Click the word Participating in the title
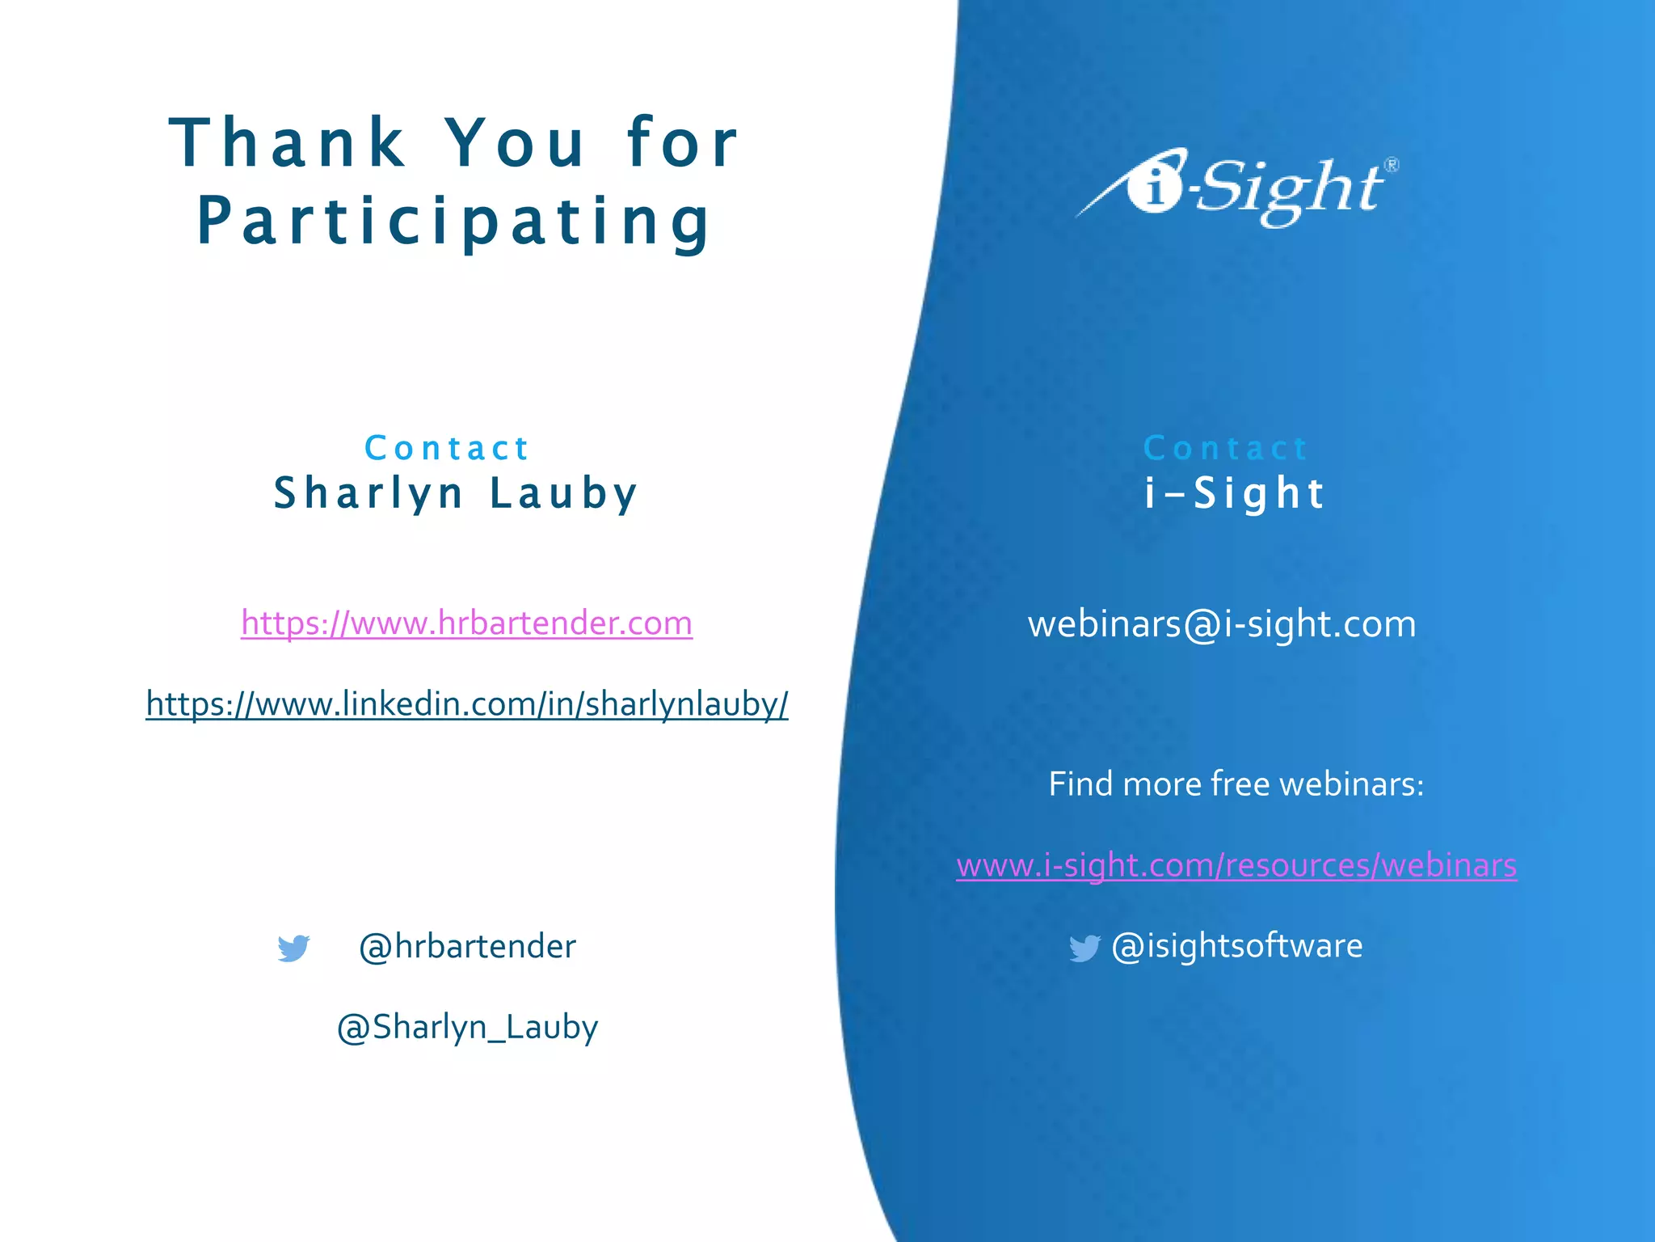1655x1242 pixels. [x=453, y=221]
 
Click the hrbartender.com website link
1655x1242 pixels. [x=466, y=623]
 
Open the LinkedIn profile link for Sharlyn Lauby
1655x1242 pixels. [x=467, y=704]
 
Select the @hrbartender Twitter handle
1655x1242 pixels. [x=467, y=946]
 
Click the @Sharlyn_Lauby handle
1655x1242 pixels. [x=467, y=1027]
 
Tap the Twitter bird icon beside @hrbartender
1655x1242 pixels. [x=293, y=948]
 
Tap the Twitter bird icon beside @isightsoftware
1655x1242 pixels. [x=1084, y=948]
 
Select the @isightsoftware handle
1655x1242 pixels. [x=1237, y=946]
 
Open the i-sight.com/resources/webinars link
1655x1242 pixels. [x=1236, y=866]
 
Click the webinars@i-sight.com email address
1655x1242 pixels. [x=1222, y=624]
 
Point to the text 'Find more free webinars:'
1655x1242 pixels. [x=1236, y=784]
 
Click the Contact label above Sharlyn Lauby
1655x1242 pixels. [x=447, y=449]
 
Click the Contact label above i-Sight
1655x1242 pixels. [x=1226, y=449]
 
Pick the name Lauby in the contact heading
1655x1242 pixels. [x=564, y=493]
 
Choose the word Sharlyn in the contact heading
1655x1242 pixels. [x=368, y=493]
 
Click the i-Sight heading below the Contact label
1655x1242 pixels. [x=1235, y=493]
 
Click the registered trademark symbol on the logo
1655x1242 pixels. [x=1392, y=165]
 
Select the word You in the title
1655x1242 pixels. [x=516, y=143]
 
